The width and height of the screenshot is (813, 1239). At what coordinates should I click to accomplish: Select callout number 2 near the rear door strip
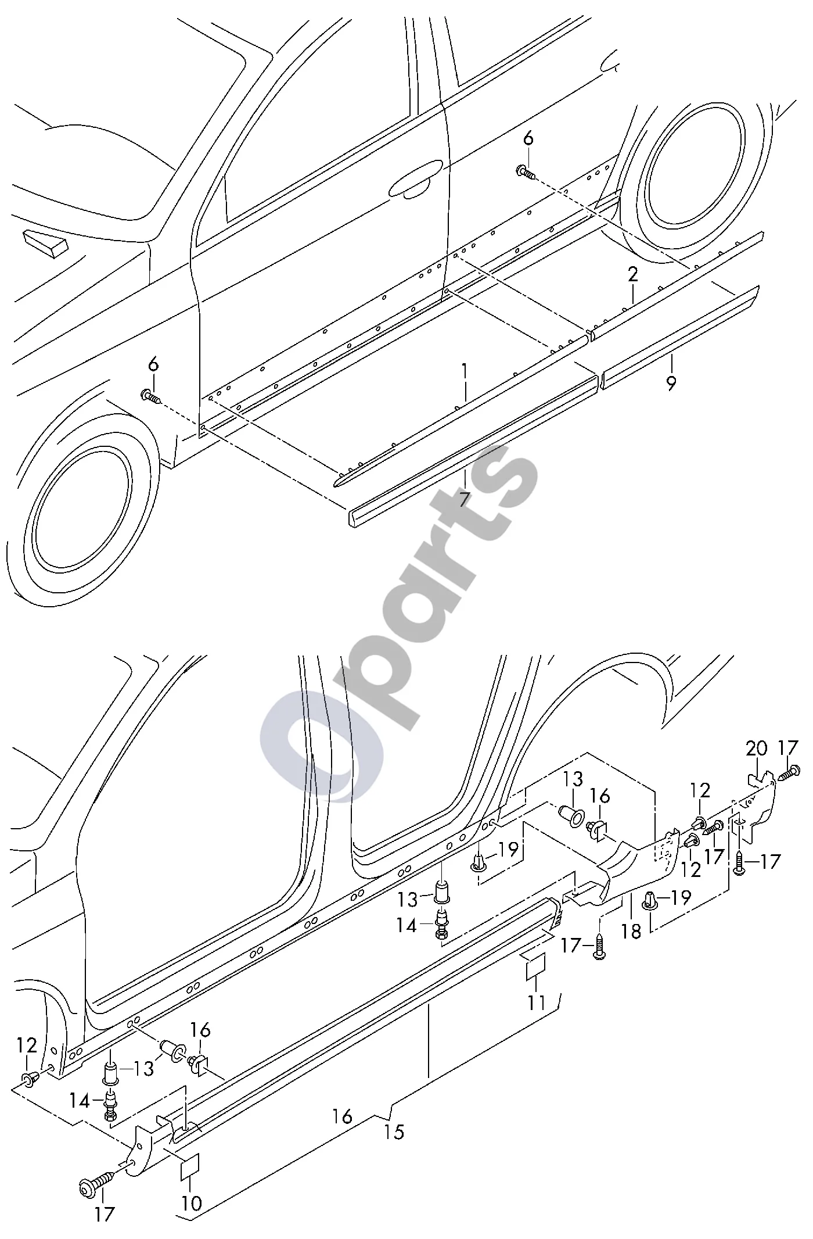tap(632, 274)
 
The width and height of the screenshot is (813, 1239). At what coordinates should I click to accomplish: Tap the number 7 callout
tap(463, 499)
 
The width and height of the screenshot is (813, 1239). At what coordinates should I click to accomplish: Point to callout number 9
tap(671, 383)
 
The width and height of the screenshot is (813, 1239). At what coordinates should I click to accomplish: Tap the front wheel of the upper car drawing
tap(81, 511)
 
